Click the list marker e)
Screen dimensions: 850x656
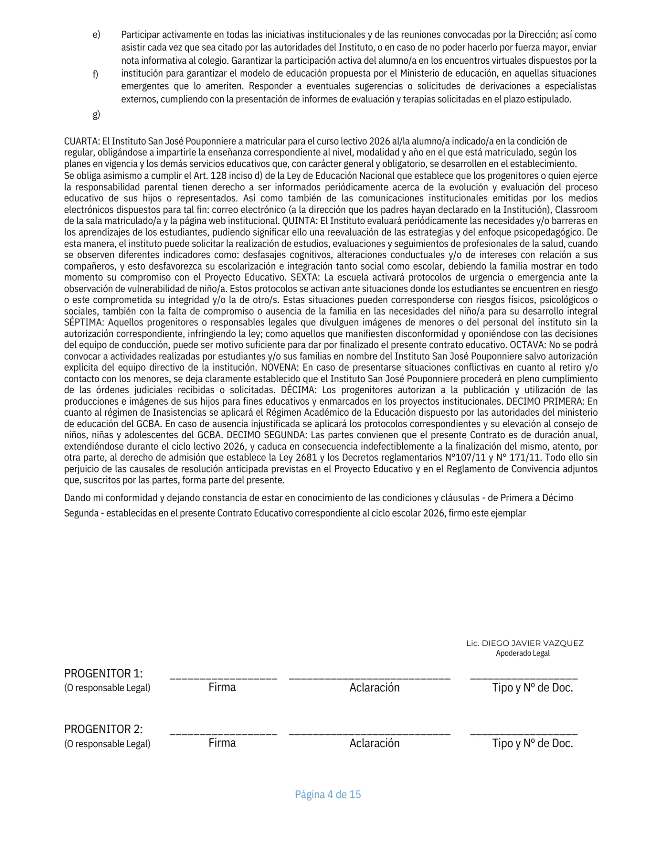pyautogui.click(x=96, y=35)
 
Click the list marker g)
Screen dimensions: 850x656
pyautogui.click(x=96, y=115)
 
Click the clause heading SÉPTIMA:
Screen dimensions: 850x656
pyautogui.click(x=84, y=323)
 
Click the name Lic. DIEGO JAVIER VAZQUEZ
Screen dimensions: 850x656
pyautogui.click(x=525, y=643)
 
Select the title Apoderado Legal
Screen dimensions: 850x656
pyautogui.click(x=522, y=653)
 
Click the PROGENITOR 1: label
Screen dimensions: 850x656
pyautogui.click(x=104, y=674)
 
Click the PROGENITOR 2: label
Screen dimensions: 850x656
pyautogui.click(x=104, y=729)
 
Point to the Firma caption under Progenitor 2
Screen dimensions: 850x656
pyautogui.click(x=222, y=743)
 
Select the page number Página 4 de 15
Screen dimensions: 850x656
pyautogui.click(x=328, y=795)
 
